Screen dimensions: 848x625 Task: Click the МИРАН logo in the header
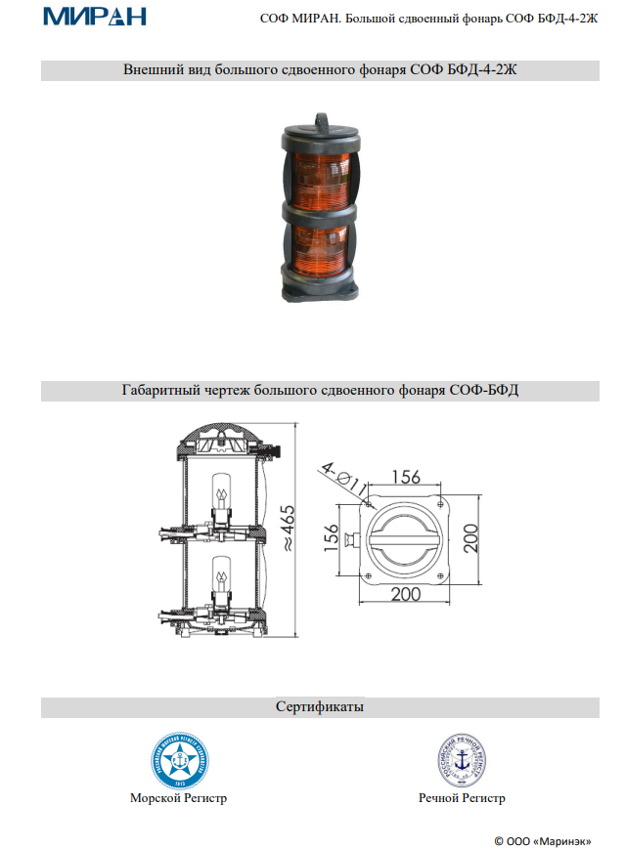click(94, 16)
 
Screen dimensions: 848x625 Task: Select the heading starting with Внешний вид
click(320, 70)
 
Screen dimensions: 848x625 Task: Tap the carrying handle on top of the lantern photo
click(320, 118)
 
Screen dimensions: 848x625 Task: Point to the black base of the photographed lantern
click(320, 288)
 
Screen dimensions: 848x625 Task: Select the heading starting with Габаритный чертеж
click(320, 391)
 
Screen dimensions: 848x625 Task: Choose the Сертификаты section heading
click(320, 705)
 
